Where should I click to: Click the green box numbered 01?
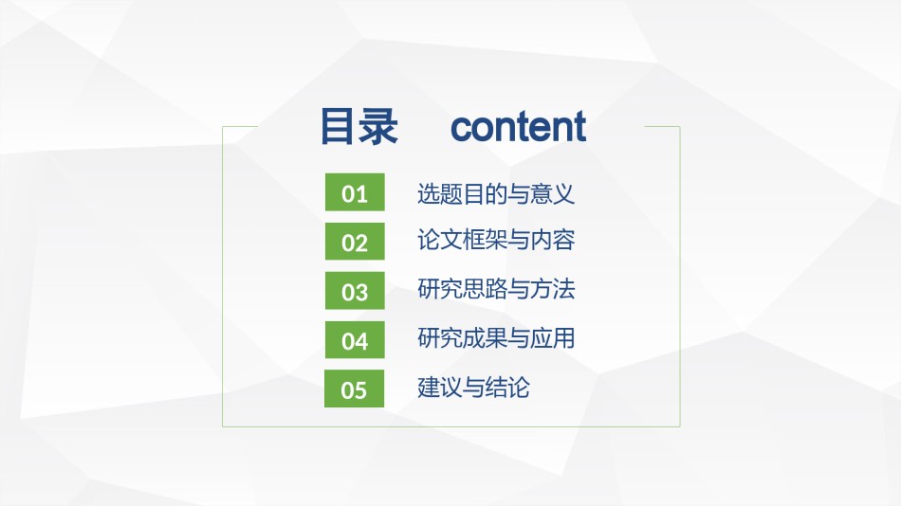click(x=355, y=191)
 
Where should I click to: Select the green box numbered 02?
click(x=355, y=242)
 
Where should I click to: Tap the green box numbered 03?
click(x=355, y=291)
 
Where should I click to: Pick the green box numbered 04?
click(x=355, y=340)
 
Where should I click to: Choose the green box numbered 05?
click(x=354, y=389)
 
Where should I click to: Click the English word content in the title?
click(x=518, y=127)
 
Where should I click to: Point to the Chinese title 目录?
click(x=359, y=126)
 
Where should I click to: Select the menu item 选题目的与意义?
click(x=496, y=193)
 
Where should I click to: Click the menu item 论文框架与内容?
click(x=496, y=240)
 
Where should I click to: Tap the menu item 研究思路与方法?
click(x=496, y=289)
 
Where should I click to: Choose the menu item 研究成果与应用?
click(x=496, y=337)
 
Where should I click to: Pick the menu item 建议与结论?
click(x=473, y=388)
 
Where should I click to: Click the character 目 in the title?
click(x=337, y=126)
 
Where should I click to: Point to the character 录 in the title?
click(x=378, y=126)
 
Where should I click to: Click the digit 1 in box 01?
click(x=361, y=194)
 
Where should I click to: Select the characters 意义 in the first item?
click(x=552, y=193)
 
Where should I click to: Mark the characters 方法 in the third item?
click(x=552, y=289)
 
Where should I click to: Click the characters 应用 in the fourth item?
click(x=552, y=337)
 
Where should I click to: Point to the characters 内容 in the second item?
click(x=552, y=240)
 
